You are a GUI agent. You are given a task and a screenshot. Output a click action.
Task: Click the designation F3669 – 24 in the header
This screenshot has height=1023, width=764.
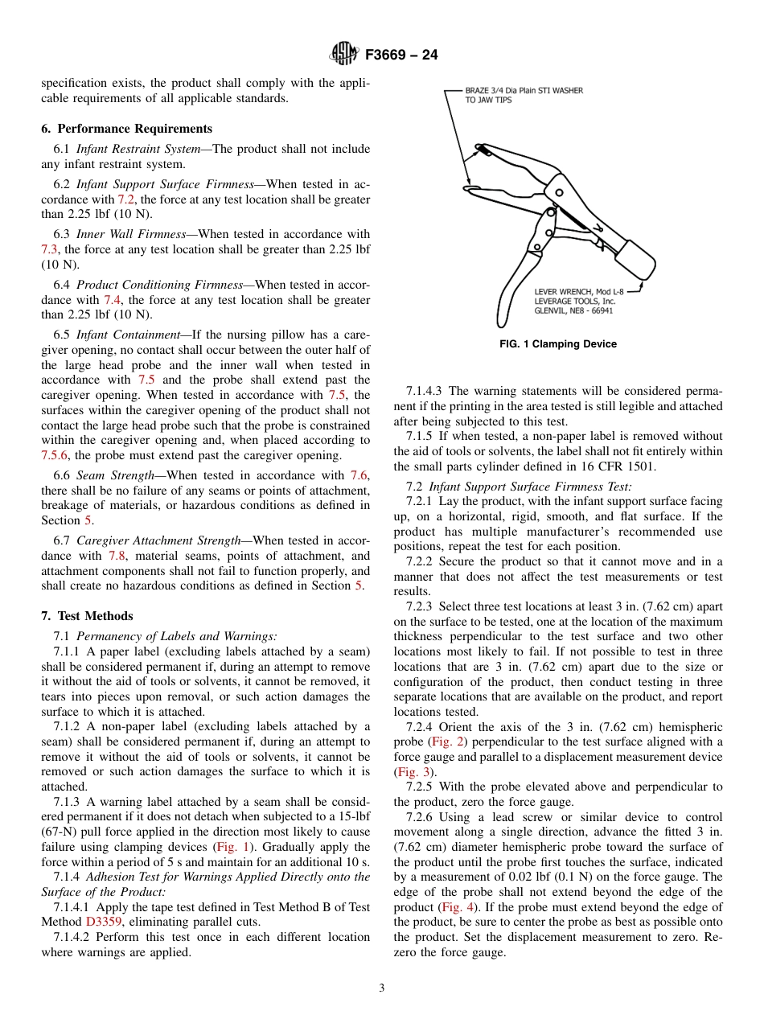tap(401, 55)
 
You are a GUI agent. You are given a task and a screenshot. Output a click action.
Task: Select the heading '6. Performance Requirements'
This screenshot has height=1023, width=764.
tap(127, 129)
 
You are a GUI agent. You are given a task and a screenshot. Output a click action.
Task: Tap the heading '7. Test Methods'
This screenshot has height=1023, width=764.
tap(87, 616)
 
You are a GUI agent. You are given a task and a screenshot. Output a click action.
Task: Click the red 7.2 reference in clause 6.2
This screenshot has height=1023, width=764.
tap(126, 199)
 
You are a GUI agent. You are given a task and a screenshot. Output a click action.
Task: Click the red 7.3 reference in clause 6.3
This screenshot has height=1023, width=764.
tap(50, 249)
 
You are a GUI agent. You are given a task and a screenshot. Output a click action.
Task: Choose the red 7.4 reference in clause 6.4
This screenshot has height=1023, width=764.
tap(113, 300)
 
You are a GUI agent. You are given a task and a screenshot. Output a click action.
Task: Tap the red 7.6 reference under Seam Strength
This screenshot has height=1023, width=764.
tap(359, 475)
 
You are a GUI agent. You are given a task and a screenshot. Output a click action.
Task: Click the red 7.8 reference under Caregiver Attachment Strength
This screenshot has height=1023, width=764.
tap(117, 556)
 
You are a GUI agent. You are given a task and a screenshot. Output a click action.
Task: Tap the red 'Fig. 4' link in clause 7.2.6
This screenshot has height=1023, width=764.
tap(455, 907)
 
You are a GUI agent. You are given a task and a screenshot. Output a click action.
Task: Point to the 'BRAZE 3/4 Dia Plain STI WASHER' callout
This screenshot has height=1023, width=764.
tap(524, 91)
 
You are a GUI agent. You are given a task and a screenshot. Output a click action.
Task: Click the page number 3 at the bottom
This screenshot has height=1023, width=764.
tap(382, 988)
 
